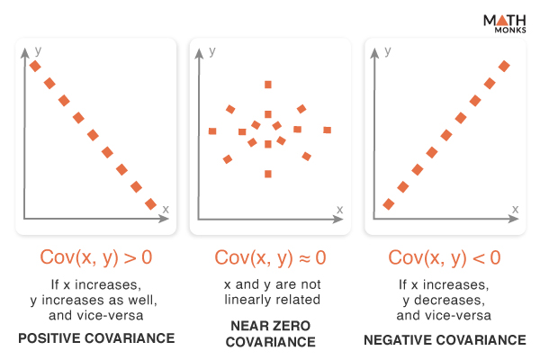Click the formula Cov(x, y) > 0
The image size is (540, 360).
click(x=96, y=257)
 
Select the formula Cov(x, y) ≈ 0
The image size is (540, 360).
click(x=270, y=257)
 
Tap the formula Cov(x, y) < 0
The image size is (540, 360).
click(x=444, y=257)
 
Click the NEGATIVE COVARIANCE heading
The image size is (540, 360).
click(x=445, y=339)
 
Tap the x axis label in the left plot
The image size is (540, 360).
click(x=166, y=209)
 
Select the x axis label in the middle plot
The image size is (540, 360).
click(x=339, y=209)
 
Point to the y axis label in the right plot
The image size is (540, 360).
click(x=388, y=51)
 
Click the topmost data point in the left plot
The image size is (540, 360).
click(x=35, y=66)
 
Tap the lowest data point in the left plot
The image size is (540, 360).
click(x=150, y=203)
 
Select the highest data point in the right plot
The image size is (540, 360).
click(x=504, y=66)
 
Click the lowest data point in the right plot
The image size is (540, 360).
click(x=389, y=204)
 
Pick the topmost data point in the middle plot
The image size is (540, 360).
click(x=267, y=85)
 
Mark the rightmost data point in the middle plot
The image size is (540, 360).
click(x=327, y=131)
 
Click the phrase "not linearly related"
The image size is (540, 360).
click(x=270, y=300)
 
